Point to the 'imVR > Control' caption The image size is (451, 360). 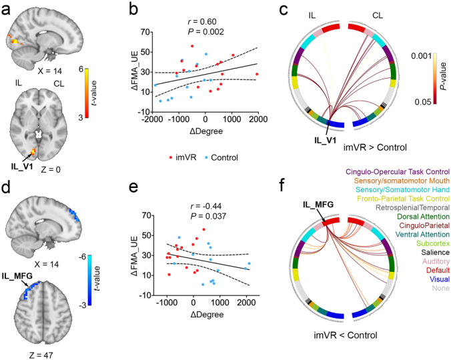380,146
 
